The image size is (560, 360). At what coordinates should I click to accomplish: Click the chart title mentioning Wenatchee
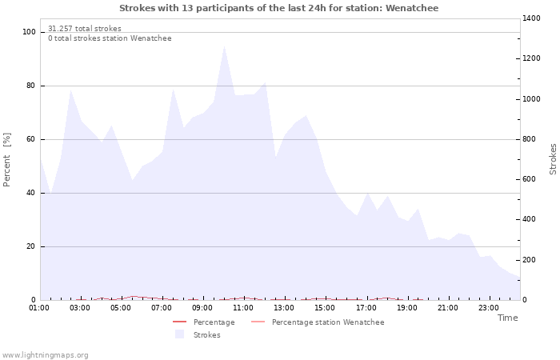coord(279,8)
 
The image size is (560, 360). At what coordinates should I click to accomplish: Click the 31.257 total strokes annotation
coord(85,29)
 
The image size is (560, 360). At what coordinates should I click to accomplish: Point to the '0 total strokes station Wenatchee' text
coord(110,38)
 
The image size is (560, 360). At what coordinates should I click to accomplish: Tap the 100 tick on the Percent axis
coord(30,32)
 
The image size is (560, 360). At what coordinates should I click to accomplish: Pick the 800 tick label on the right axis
coord(531,139)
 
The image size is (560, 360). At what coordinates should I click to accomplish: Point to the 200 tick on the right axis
coord(531,260)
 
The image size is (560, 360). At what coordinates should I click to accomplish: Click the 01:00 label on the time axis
coord(39,307)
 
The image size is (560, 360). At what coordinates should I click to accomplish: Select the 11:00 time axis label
coord(244,307)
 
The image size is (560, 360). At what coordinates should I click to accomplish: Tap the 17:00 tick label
coord(366,307)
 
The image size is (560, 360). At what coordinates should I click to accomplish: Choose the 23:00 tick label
coord(490,307)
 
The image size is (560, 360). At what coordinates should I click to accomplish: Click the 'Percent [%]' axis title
coord(7,159)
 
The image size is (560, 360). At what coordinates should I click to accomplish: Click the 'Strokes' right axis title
coord(553,159)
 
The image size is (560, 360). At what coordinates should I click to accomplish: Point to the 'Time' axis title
coord(507,318)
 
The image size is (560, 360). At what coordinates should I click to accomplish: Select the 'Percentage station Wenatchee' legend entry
coord(327,322)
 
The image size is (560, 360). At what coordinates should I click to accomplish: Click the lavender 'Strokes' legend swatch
coord(179,334)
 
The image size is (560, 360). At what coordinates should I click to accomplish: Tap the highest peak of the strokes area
coord(224,46)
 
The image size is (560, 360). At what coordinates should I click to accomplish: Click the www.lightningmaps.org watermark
coord(46,354)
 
